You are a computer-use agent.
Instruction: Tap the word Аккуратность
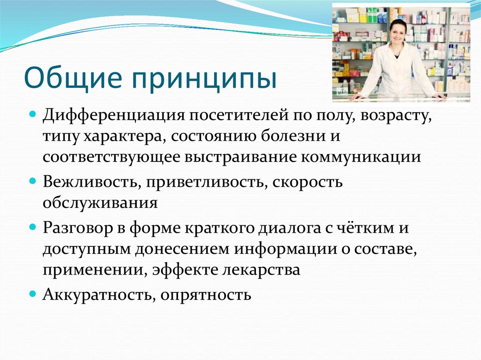click(97, 295)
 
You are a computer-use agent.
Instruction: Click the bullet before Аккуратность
click(33, 294)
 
